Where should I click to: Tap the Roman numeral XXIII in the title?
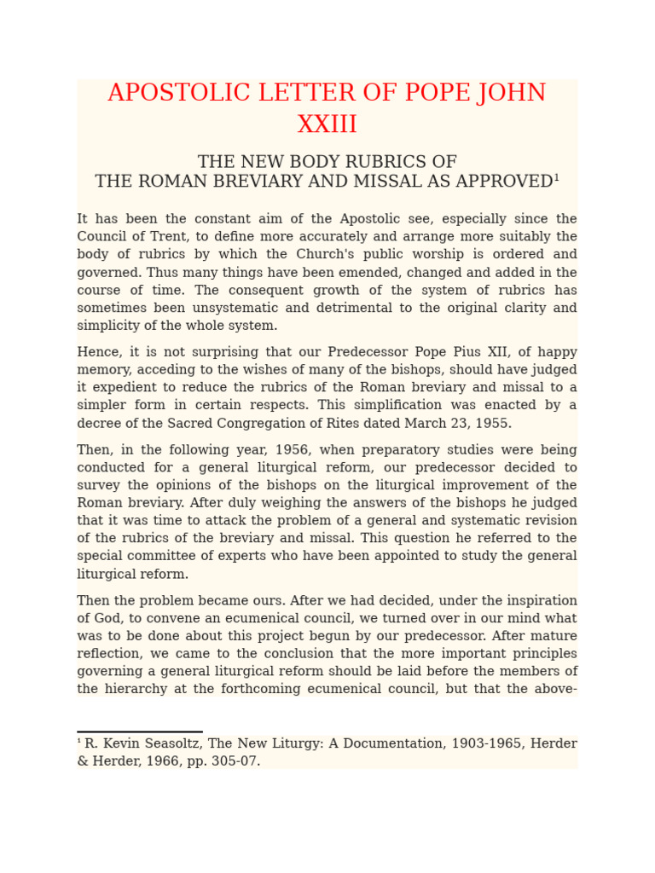pos(327,125)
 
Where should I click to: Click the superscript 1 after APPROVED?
pos(556,178)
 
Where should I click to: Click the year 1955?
pos(491,424)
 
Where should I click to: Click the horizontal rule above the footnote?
pos(140,731)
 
